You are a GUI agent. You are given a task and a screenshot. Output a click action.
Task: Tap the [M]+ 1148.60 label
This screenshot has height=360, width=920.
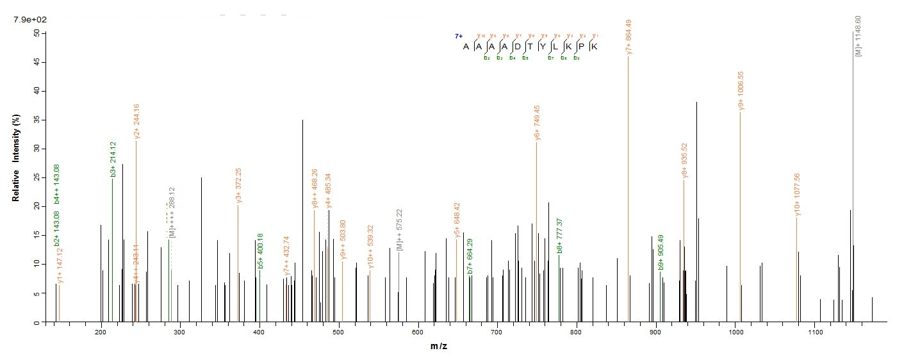point(858,42)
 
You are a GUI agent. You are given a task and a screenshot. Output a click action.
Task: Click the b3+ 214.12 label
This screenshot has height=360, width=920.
point(113,163)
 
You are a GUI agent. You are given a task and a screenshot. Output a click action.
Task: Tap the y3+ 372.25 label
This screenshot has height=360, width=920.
point(239,186)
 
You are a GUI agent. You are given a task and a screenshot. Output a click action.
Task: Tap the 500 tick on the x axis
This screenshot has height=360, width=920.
point(338,333)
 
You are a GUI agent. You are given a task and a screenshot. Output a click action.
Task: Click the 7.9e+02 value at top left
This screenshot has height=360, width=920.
point(28,20)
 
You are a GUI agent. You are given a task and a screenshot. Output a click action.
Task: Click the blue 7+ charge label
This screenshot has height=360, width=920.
point(459,37)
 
